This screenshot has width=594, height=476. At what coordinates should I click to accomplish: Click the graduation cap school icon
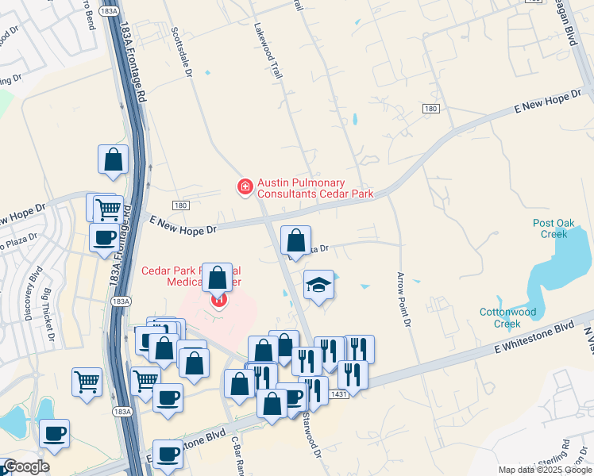tap(318, 285)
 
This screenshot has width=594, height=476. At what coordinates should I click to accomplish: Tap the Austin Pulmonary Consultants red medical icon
tap(245, 187)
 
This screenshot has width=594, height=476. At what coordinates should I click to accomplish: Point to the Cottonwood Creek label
tap(511, 318)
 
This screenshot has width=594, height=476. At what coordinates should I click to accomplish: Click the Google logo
tap(25, 466)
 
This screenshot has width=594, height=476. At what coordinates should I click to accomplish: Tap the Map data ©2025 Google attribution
tap(545, 470)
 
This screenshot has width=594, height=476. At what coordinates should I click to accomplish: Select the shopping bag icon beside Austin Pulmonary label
tap(295, 240)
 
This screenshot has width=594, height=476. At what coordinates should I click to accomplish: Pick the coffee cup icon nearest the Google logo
tap(54, 434)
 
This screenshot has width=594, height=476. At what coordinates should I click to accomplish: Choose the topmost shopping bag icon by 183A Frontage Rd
tap(114, 159)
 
